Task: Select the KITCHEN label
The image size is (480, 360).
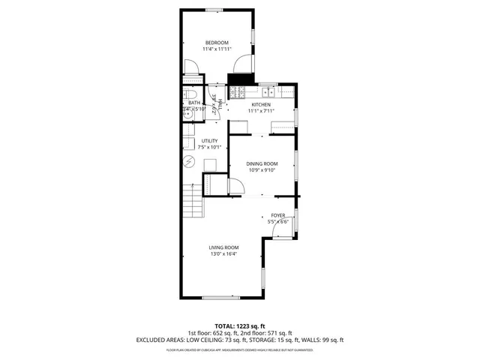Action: click(261, 104)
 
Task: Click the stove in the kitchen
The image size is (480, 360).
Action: click(237, 93)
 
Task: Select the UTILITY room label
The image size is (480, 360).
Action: click(209, 141)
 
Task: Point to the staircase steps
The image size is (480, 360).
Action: click(193, 202)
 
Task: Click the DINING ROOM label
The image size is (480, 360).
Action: click(262, 163)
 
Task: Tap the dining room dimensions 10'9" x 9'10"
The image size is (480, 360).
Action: click(262, 170)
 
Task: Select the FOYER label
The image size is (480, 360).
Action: click(278, 215)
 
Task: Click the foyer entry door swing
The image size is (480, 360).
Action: click(278, 229)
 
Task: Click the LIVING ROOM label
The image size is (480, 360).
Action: click(223, 247)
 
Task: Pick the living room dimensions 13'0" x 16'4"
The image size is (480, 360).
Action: click(223, 254)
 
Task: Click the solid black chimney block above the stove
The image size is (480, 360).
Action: click(238, 79)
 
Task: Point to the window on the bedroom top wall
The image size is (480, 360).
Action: click(217, 10)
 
